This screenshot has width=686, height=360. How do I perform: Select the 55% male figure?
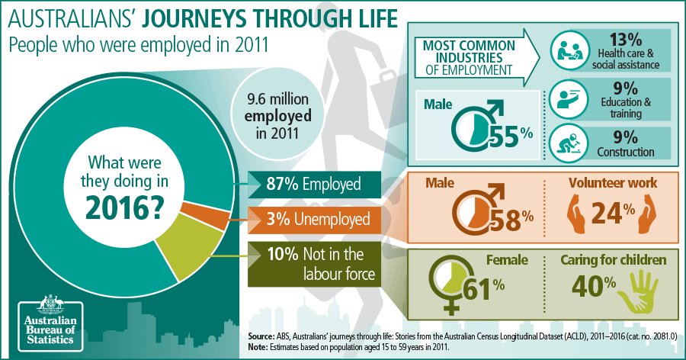click(x=512, y=133)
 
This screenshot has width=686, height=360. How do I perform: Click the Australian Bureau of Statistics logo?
click(x=49, y=320)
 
